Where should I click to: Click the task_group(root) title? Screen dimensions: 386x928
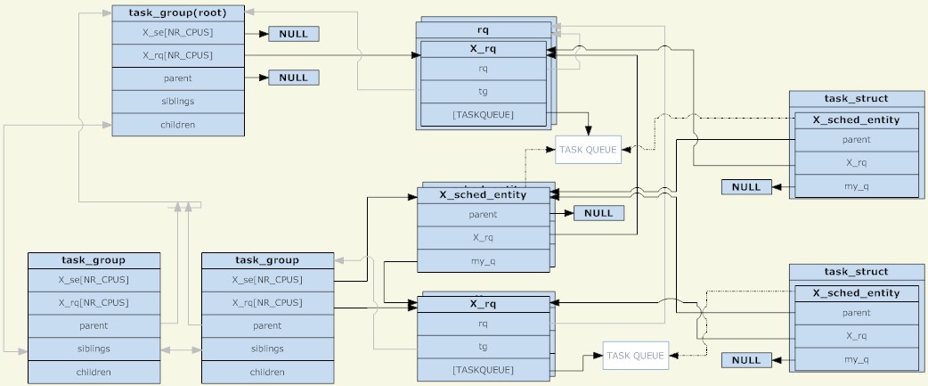click(178, 12)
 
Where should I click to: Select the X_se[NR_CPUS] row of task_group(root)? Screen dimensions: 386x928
click(178, 33)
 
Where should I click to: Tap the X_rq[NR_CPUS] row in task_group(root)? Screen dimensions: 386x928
click(178, 55)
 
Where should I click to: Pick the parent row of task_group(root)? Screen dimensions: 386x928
click(178, 78)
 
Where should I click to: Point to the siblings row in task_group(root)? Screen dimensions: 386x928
click(178, 102)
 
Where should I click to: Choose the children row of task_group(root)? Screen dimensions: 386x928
click(178, 125)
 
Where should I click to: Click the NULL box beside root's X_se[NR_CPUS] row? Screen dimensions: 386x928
click(293, 34)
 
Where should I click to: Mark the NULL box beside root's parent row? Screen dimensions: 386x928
click(293, 78)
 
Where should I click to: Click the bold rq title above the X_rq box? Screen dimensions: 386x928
click(484, 30)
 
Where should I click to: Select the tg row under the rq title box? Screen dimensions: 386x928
click(483, 91)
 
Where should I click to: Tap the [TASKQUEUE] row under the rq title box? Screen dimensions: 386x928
click(483, 114)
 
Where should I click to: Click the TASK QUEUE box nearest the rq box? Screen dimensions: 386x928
click(588, 150)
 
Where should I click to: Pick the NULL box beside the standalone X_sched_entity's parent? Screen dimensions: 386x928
click(598, 213)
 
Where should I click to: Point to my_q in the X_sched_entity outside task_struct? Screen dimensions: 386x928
click(483, 260)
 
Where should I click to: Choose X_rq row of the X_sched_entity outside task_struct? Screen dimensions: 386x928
click(483, 237)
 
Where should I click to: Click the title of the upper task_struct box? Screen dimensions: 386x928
click(856, 98)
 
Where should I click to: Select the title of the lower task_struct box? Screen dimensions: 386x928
click(856, 272)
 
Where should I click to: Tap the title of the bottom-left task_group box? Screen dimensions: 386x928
click(94, 260)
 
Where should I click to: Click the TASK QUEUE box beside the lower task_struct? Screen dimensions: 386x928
click(636, 356)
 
